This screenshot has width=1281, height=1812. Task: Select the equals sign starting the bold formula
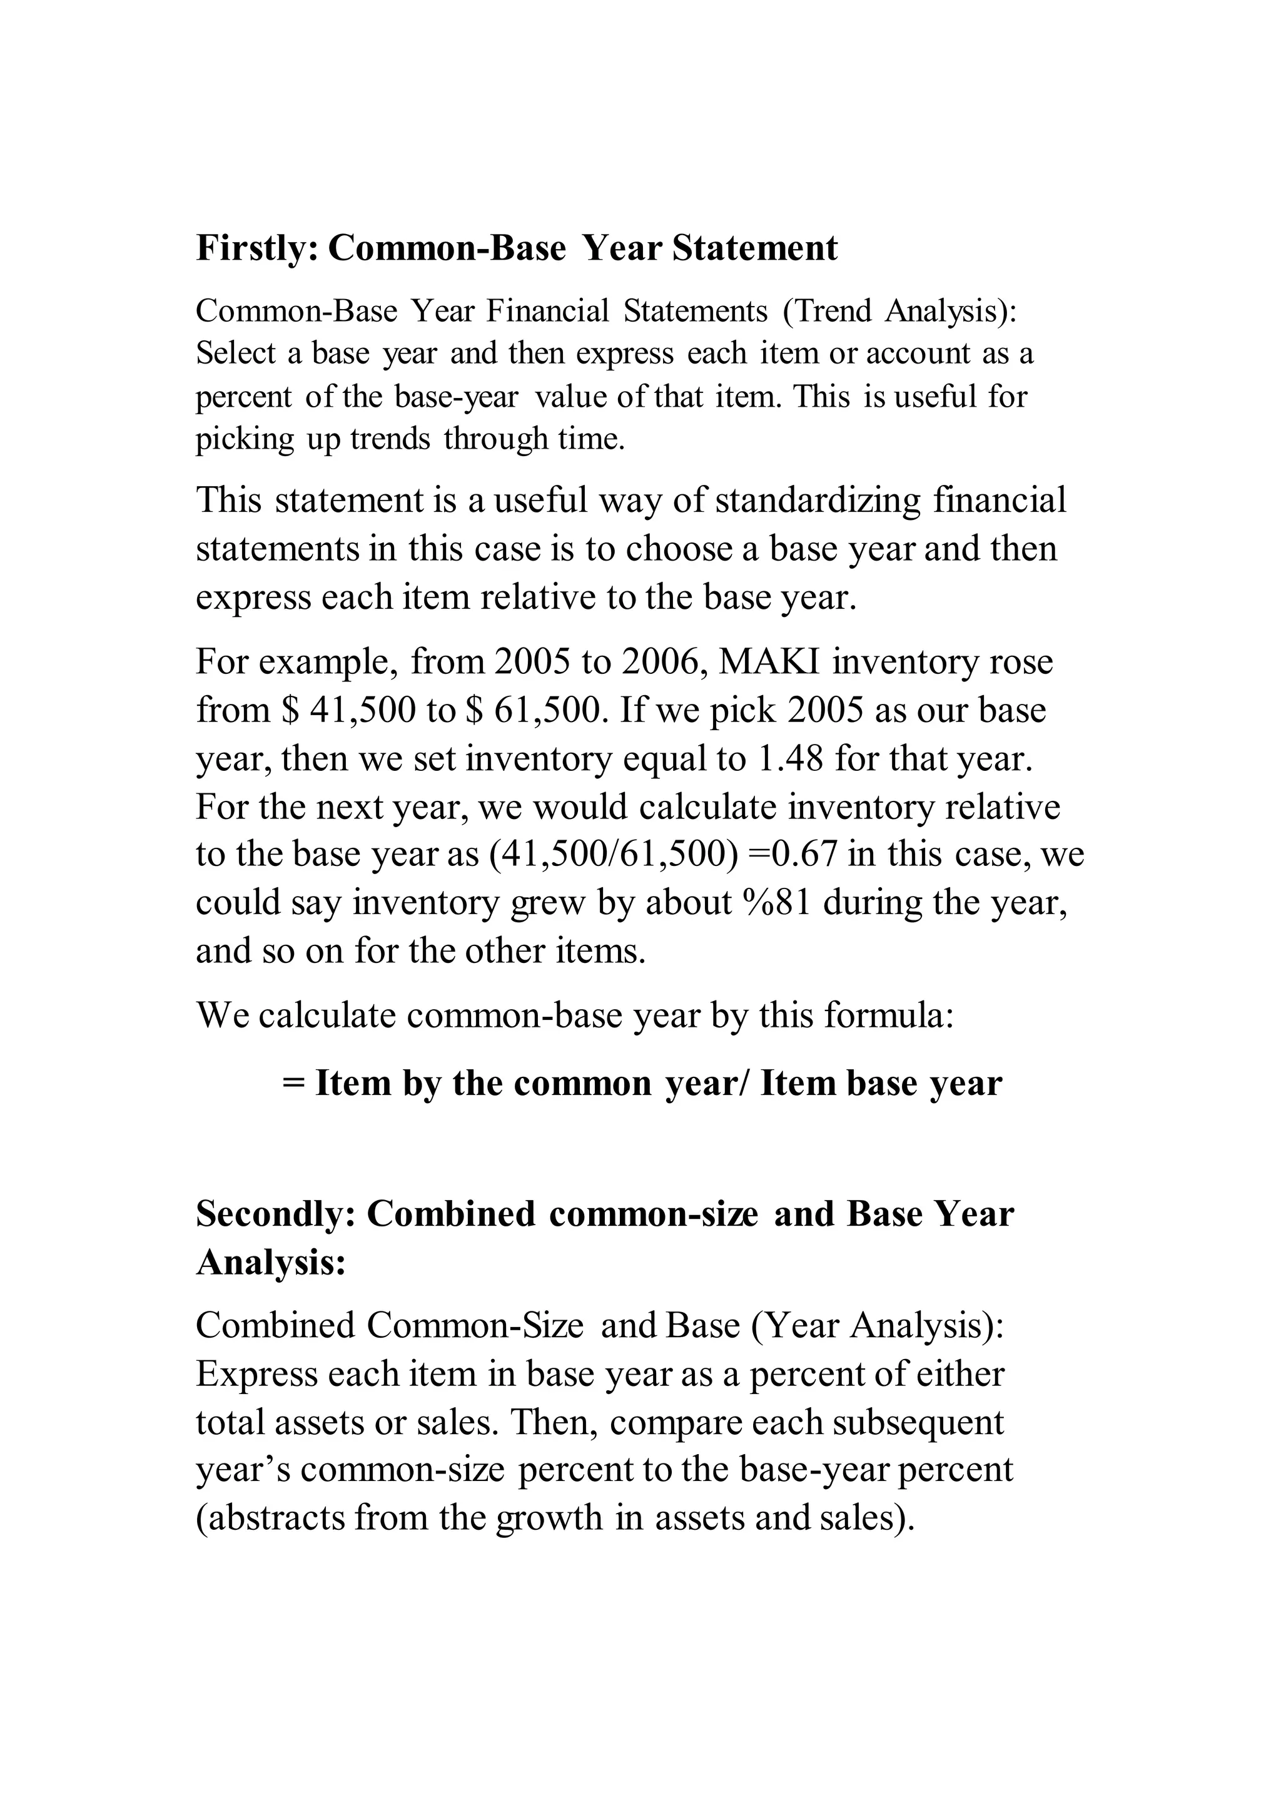coord(293,1083)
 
